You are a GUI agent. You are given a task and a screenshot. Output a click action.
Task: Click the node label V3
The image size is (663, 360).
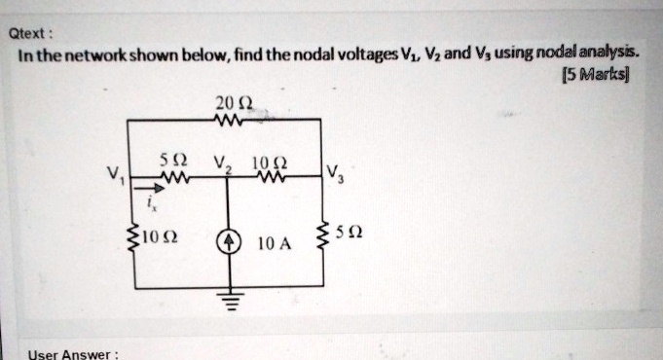tap(335, 176)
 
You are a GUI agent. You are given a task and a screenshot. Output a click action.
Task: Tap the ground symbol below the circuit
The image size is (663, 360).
tap(229, 303)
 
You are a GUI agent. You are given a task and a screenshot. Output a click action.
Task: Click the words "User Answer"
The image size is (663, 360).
tap(73, 353)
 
